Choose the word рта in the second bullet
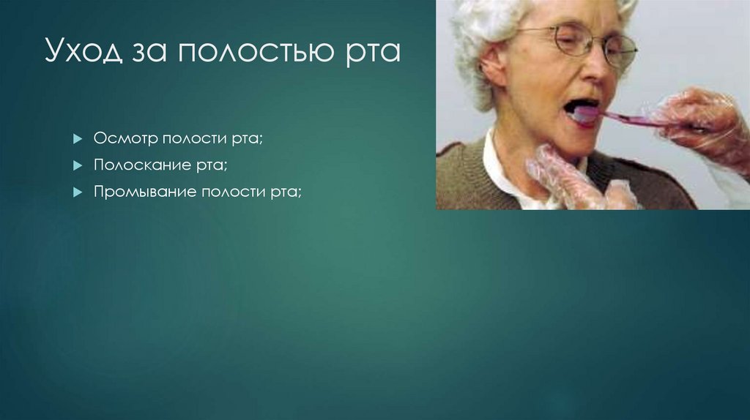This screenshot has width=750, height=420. click(210, 166)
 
